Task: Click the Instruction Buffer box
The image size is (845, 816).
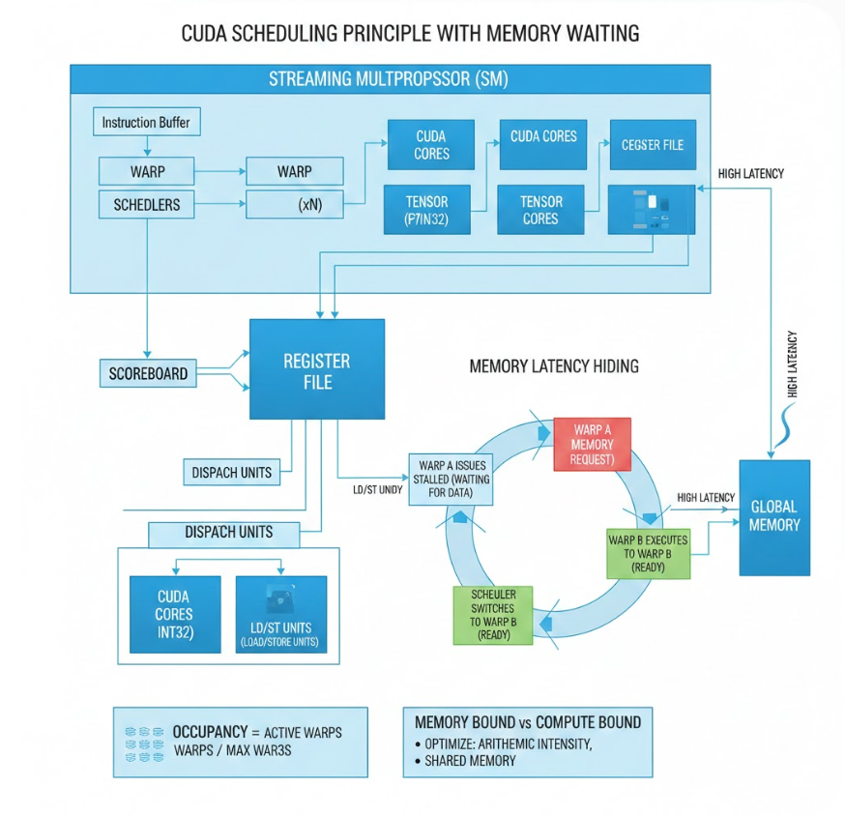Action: coord(147,123)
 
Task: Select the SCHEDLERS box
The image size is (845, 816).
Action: coord(147,204)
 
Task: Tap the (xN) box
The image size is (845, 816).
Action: coord(294,204)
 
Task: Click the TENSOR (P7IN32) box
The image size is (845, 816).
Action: coord(426,210)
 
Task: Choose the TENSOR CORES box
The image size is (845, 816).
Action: coord(540,210)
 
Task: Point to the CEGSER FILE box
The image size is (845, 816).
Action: coord(652,145)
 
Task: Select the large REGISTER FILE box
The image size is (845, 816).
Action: coord(317,369)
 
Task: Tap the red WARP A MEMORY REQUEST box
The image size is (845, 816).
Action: coord(592,444)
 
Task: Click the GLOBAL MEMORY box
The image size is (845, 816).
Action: coord(773,516)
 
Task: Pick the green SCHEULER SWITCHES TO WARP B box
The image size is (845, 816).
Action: coord(493,615)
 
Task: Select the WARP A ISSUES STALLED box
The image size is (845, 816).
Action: coord(452,479)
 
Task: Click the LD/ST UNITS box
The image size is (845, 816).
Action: coord(281,614)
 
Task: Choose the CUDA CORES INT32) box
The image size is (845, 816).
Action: coord(174,614)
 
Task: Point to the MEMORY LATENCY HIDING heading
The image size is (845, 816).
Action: coord(554,367)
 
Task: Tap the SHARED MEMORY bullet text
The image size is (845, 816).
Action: coord(470,761)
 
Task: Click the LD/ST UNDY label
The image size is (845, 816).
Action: coord(371,490)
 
